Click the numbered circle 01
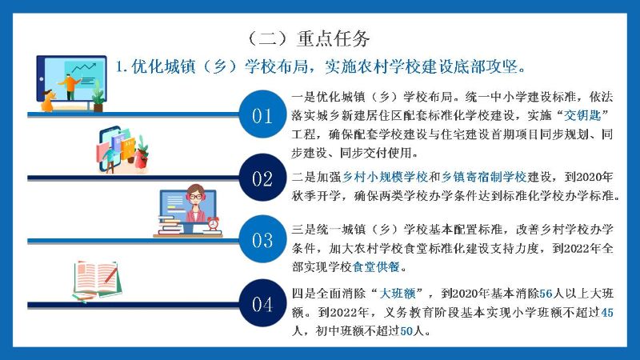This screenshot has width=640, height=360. point(262,114)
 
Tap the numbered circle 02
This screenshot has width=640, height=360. point(262,178)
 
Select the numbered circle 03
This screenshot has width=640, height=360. point(262,239)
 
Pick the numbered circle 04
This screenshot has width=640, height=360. point(262,303)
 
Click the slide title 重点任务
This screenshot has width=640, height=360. point(334,38)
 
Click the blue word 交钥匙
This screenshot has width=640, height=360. point(582,115)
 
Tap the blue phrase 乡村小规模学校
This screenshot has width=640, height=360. point(385,177)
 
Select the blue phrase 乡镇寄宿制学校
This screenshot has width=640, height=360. point(484,177)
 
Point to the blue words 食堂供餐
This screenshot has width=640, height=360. point(376,267)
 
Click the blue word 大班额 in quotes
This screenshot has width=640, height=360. point(398,294)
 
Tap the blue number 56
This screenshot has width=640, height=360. point(546,294)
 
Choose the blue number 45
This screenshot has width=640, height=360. point(607,313)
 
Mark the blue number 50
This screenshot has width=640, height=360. point(406,331)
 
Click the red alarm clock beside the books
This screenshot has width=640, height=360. point(213,224)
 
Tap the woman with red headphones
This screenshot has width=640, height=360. point(195,203)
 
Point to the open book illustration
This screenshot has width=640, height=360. point(97,280)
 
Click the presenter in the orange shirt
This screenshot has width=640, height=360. point(70,86)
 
